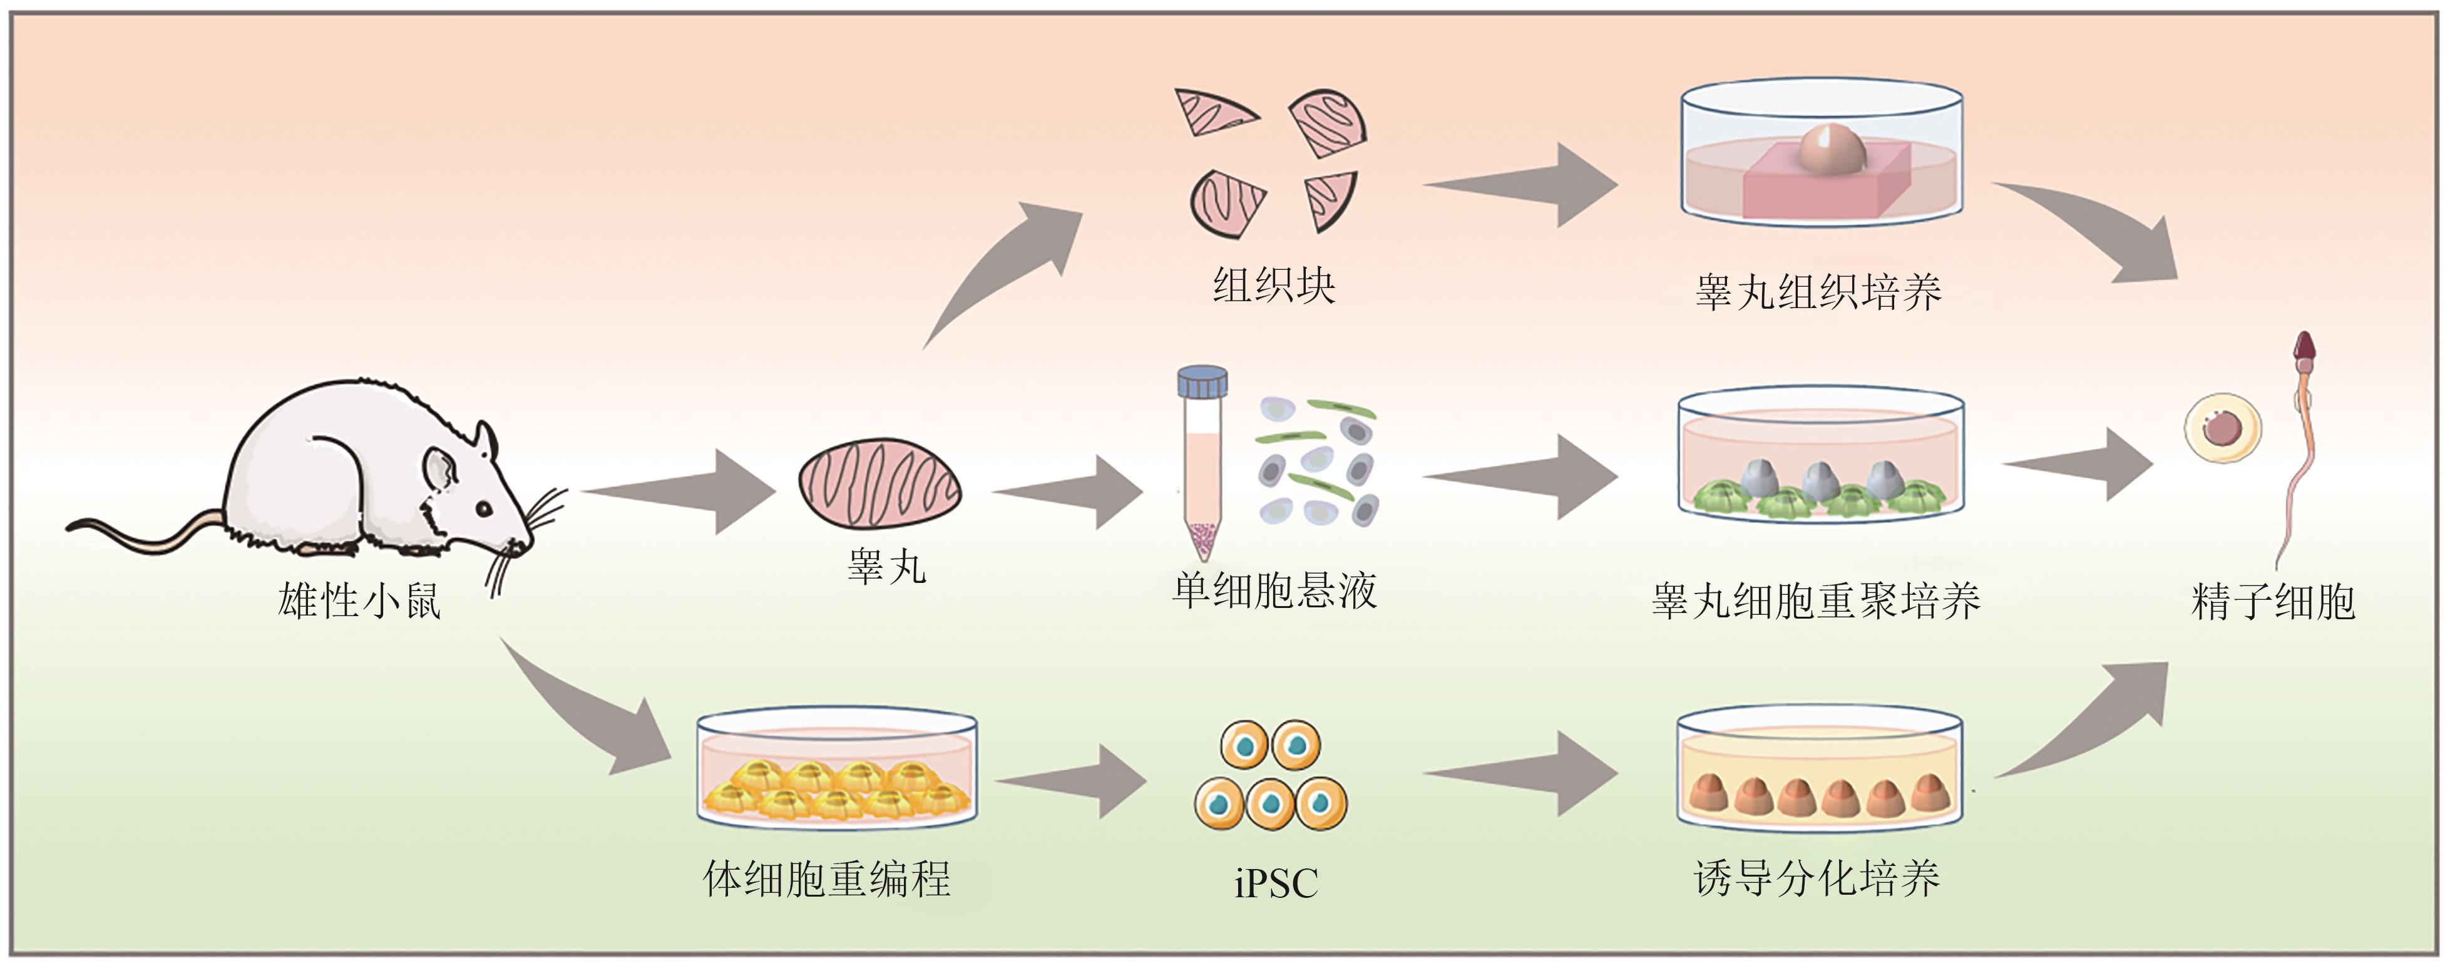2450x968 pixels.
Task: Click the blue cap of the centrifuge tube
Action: (1202, 383)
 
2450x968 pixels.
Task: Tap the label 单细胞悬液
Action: (1274, 590)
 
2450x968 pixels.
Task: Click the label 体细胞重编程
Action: (826, 878)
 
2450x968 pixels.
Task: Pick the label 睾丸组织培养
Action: (1818, 292)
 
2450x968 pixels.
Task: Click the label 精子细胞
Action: (2272, 601)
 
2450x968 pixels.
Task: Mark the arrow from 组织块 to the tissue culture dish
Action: (1522, 185)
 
